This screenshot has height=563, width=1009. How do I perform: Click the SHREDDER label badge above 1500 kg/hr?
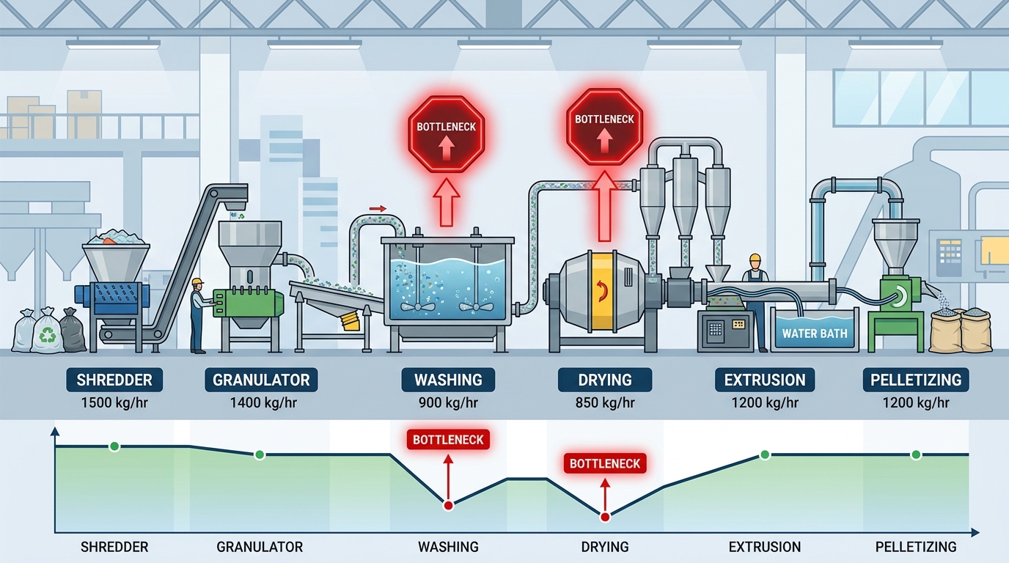(x=114, y=380)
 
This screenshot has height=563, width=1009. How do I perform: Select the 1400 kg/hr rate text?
(x=261, y=402)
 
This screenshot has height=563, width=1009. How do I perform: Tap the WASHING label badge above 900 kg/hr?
(x=448, y=380)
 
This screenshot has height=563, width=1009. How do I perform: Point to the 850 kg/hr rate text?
(x=604, y=402)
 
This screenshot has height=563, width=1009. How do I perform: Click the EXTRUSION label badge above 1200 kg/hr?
(x=765, y=380)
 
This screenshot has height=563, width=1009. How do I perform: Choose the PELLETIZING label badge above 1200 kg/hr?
(x=915, y=380)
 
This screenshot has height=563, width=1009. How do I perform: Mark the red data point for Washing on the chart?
(x=448, y=505)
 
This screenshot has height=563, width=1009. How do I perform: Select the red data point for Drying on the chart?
(x=605, y=517)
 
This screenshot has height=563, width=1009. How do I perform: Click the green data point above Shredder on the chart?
(x=114, y=446)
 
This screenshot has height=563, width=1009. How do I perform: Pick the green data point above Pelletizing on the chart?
(x=915, y=455)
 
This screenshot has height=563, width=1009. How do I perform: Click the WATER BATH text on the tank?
(x=814, y=334)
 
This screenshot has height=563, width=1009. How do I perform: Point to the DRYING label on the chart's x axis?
(x=604, y=547)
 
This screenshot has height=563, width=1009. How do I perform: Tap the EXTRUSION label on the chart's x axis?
(x=765, y=547)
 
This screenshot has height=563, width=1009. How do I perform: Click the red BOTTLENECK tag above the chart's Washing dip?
(x=448, y=440)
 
